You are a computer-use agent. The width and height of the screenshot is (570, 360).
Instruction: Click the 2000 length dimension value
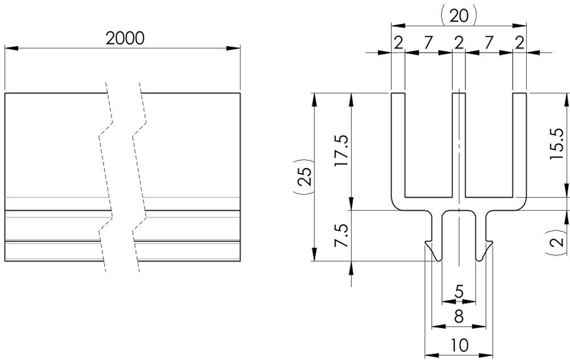point(125,38)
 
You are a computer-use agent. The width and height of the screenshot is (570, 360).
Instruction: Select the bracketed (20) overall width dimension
point(459,15)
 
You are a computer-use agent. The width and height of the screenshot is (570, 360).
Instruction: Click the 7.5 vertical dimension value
point(341,236)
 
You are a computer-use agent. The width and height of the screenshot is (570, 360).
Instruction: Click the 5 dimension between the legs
point(459,291)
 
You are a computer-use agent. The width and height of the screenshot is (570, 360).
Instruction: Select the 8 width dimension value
point(459,316)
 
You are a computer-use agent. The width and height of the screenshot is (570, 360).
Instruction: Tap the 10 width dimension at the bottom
point(459,346)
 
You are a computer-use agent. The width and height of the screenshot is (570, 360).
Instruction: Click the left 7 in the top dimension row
point(427,43)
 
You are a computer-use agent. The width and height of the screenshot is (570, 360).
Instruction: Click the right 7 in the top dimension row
point(489,43)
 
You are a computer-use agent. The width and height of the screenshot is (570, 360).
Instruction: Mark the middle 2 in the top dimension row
point(459,43)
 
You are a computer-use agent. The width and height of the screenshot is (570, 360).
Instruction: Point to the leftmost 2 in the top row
point(398,43)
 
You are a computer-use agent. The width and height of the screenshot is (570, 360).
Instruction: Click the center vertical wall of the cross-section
point(459,145)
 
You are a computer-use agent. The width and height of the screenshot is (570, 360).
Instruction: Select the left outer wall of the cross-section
point(398,145)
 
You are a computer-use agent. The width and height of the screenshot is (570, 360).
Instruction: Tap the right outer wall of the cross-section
point(519,145)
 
